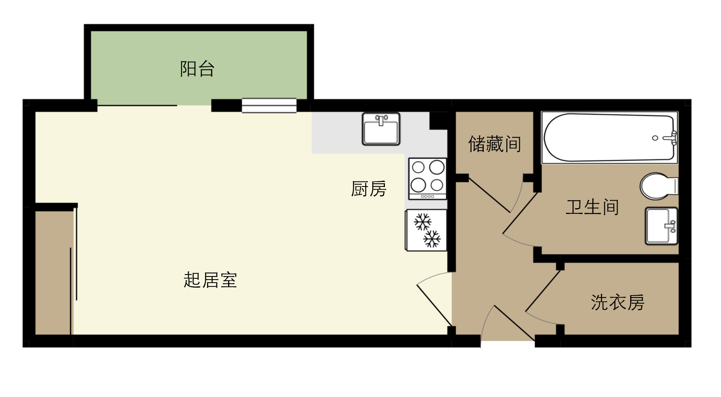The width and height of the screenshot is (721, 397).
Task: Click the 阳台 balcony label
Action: pyautogui.click(x=197, y=69)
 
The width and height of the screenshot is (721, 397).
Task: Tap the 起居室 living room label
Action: pyautogui.click(x=210, y=280)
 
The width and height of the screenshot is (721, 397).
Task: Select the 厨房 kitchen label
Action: pyautogui.click(x=369, y=189)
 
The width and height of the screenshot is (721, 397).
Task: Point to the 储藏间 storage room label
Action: pyautogui.click(x=495, y=144)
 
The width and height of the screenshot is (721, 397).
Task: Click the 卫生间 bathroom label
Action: pyautogui.click(x=592, y=207)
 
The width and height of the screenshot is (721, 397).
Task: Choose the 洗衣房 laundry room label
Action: pyautogui.click(x=618, y=302)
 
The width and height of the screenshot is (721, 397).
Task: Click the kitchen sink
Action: pyautogui.click(x=381, y=129)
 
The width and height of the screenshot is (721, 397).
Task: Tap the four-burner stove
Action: pyautogui.click(x=427, y=179)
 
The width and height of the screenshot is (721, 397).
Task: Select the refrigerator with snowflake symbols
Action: pyautogui.click(x=426, y=230)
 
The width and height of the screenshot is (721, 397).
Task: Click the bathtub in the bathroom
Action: pyautogui.click(x=609, y=137)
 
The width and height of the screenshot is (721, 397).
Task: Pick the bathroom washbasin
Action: pyautogui.click(x=661, y=226)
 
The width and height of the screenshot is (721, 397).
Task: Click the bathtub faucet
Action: pyautogui.click(x=670, y=138)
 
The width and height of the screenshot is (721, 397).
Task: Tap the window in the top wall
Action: pyautogui.click(x=269, y=106)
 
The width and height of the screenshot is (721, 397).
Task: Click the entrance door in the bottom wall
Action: pyautogui.click(x=514, y=323)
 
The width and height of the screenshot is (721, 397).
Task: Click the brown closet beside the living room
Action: pyautogui.click(x=53, y=273)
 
